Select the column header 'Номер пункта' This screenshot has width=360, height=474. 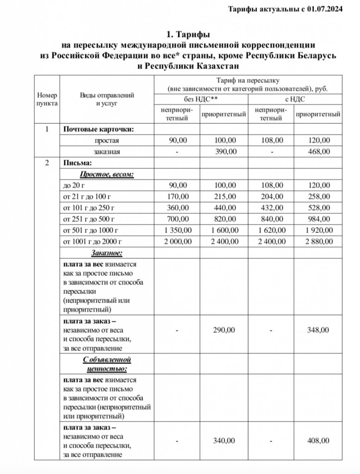(47, 99)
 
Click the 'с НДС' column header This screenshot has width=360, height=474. (295, 99)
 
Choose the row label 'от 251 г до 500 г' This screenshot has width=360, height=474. (88, 219)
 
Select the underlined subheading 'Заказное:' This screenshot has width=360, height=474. (107, 253)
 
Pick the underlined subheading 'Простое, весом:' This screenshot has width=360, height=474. (107, 174)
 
